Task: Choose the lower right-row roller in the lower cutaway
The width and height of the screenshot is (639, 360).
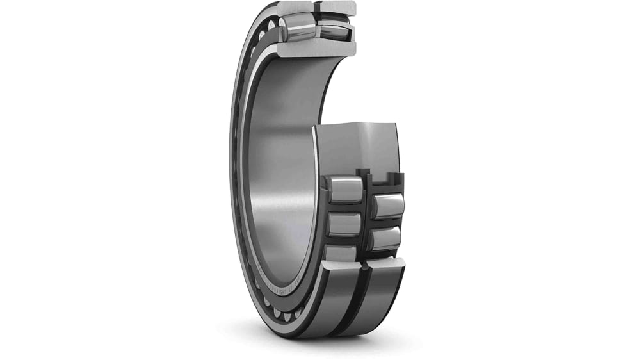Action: point(385,239)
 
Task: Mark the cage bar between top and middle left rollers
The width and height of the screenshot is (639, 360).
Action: point(344,207)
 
